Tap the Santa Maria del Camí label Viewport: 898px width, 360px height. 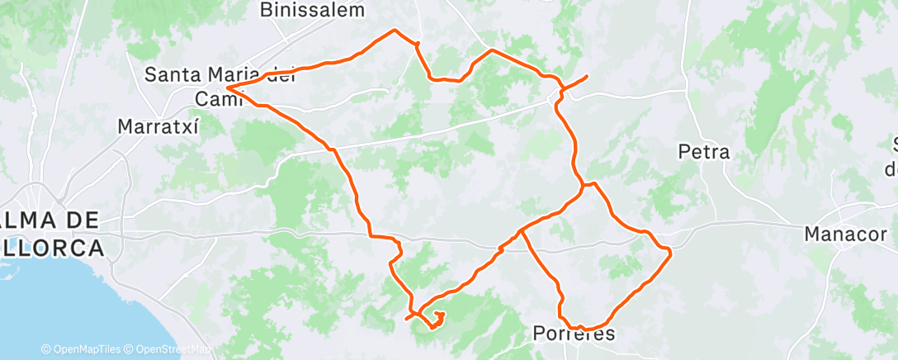pyautogui.click(x=220, y=74)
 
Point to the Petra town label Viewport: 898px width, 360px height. pyautogui.click(x=703, y=152)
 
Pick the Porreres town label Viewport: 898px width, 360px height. pyautogui.click(x=574, y=334)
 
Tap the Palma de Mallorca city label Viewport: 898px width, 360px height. pyautogui.click(x=51, y=234)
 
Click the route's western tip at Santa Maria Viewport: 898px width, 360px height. pyautogui.click(x=227, y=87)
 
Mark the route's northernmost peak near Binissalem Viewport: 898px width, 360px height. pyautogui.click(x=395, y=30)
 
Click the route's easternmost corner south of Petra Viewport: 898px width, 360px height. pyautogui.click(x=669, y=252)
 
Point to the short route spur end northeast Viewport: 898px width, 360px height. pyautogui.click(x=587, y=77)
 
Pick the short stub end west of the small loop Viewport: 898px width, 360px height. pyautogui.click(x=406, y=319)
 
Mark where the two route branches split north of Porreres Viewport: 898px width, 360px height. pyautogui.click(x=522, y=232)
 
